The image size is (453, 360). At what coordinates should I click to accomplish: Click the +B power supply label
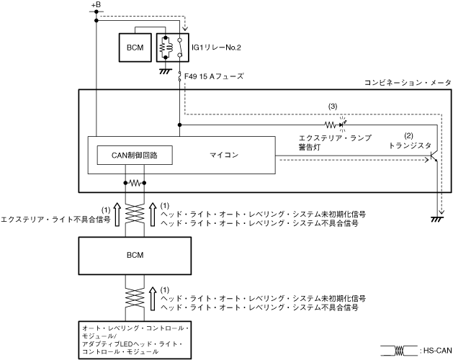click(x=97, y=6)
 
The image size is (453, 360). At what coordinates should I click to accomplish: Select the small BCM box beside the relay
click(x=135, y=47)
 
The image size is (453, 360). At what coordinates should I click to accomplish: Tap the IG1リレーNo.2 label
click(x=219, y=47)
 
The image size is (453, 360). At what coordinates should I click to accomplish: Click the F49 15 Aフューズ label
click(x=215, y=76)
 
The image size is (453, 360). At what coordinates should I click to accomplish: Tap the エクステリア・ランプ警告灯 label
click(x=331, y=141)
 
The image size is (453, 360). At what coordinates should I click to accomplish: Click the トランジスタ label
click(x=408, y=145)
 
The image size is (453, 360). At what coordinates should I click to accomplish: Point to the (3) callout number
click(x=332, y=106)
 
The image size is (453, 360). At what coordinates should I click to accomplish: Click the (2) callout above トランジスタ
click(x=408, y=135)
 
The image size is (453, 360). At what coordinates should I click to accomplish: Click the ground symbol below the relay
click(x=165, y=70)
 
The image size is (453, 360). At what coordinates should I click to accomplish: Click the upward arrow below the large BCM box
click(x=151, y=299)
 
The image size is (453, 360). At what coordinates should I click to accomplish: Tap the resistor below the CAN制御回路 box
click(x=135, y=183)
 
